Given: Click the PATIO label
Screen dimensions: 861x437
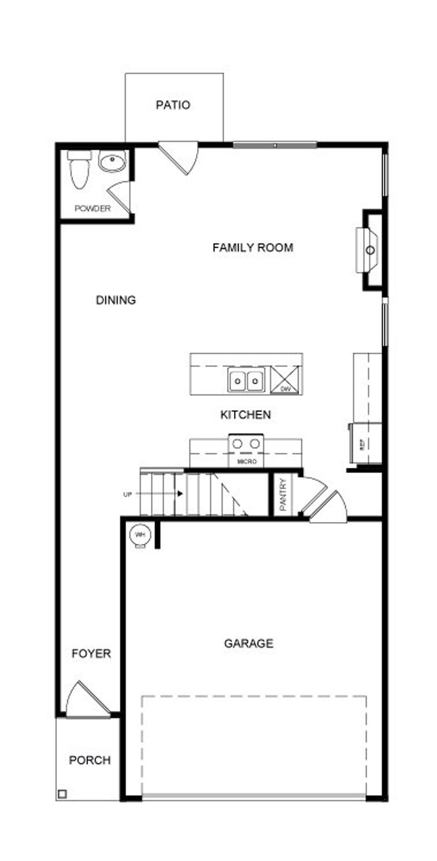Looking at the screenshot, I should (173, 105).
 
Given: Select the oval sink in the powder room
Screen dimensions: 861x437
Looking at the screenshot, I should (112, 161).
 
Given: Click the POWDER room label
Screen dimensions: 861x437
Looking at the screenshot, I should (93, 208).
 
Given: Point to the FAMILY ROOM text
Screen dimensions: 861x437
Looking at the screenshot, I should (253, 247).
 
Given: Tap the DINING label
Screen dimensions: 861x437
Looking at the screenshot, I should (116, 300).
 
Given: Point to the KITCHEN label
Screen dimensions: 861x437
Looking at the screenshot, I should (245, 415).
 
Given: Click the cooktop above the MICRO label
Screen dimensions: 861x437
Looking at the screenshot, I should (246, 444).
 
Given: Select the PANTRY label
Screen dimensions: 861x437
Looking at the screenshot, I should (283, 495).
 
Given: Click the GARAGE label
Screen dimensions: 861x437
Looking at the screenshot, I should (249, 643).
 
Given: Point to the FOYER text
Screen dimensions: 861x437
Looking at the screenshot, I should (91, 654).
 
